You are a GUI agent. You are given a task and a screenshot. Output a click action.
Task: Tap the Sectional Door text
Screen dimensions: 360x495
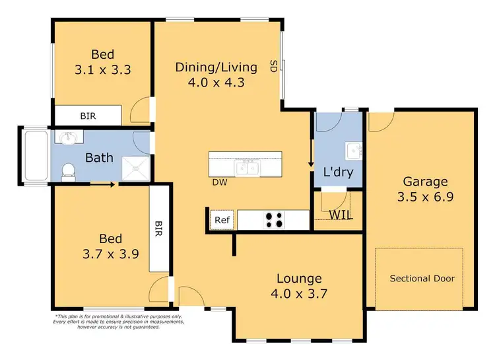point(422,278)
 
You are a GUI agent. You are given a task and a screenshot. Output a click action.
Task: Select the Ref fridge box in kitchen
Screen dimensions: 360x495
point(219,220)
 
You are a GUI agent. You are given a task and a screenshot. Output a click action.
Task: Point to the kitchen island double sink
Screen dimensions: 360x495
point(248,168)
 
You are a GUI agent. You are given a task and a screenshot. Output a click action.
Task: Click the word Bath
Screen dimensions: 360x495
point(100,158)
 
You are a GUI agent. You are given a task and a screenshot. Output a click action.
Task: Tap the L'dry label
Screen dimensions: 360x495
point(338,173)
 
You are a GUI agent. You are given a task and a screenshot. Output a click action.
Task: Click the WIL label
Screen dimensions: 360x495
point(341,214)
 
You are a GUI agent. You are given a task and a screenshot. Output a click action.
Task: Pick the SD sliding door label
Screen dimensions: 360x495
point(273,65)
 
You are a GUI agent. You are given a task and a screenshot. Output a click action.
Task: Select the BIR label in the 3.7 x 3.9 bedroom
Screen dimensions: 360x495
point(158,229)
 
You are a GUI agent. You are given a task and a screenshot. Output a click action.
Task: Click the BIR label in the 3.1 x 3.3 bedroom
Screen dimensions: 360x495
point(88,116)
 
